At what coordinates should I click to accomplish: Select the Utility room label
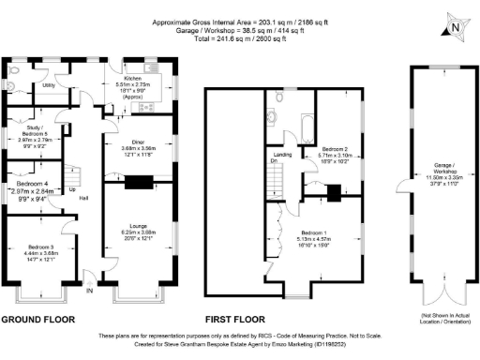tap(48, 84)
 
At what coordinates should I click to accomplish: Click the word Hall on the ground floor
tap(83, 199)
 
